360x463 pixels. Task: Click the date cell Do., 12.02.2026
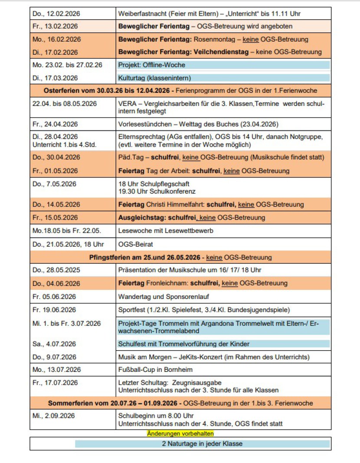(x=56, y=14)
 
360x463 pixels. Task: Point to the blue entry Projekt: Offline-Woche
(x=151, y=65)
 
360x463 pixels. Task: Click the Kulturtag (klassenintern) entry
(x=154, y=78)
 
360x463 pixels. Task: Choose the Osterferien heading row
(x=180, y=91)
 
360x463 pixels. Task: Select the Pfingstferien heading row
(x=180, y=257)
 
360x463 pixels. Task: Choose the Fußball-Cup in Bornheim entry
(x=155, y=370)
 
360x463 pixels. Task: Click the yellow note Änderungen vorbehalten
(x=180, y=433)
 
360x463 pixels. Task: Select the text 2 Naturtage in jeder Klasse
(x=202, y=444)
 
